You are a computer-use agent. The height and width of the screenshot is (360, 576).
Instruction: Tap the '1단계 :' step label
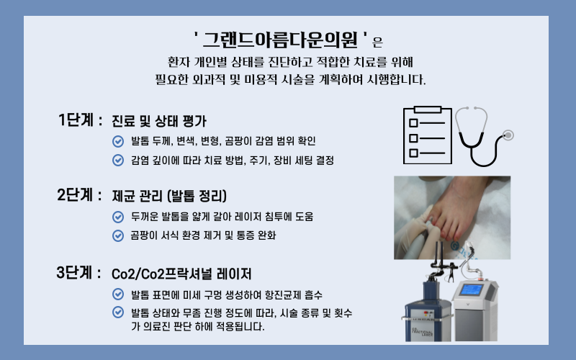coord(80,120)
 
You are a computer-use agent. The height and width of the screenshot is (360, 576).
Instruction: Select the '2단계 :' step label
coord(80,195)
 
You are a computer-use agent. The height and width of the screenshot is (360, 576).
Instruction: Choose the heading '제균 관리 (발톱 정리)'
coord(170,196)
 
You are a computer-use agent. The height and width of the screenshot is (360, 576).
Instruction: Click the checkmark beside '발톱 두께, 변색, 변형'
coord(118,140)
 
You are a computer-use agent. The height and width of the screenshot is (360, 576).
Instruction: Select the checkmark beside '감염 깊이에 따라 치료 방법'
coord(118,159)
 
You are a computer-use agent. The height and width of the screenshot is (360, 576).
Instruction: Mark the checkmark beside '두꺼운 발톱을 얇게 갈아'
coord(118,216)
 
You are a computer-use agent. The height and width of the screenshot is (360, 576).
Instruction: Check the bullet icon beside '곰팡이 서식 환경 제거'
coord(118,235)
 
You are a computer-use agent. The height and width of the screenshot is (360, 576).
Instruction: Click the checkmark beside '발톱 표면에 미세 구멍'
coord(118,294)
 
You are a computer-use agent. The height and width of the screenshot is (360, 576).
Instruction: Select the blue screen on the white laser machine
coord(471,290)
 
